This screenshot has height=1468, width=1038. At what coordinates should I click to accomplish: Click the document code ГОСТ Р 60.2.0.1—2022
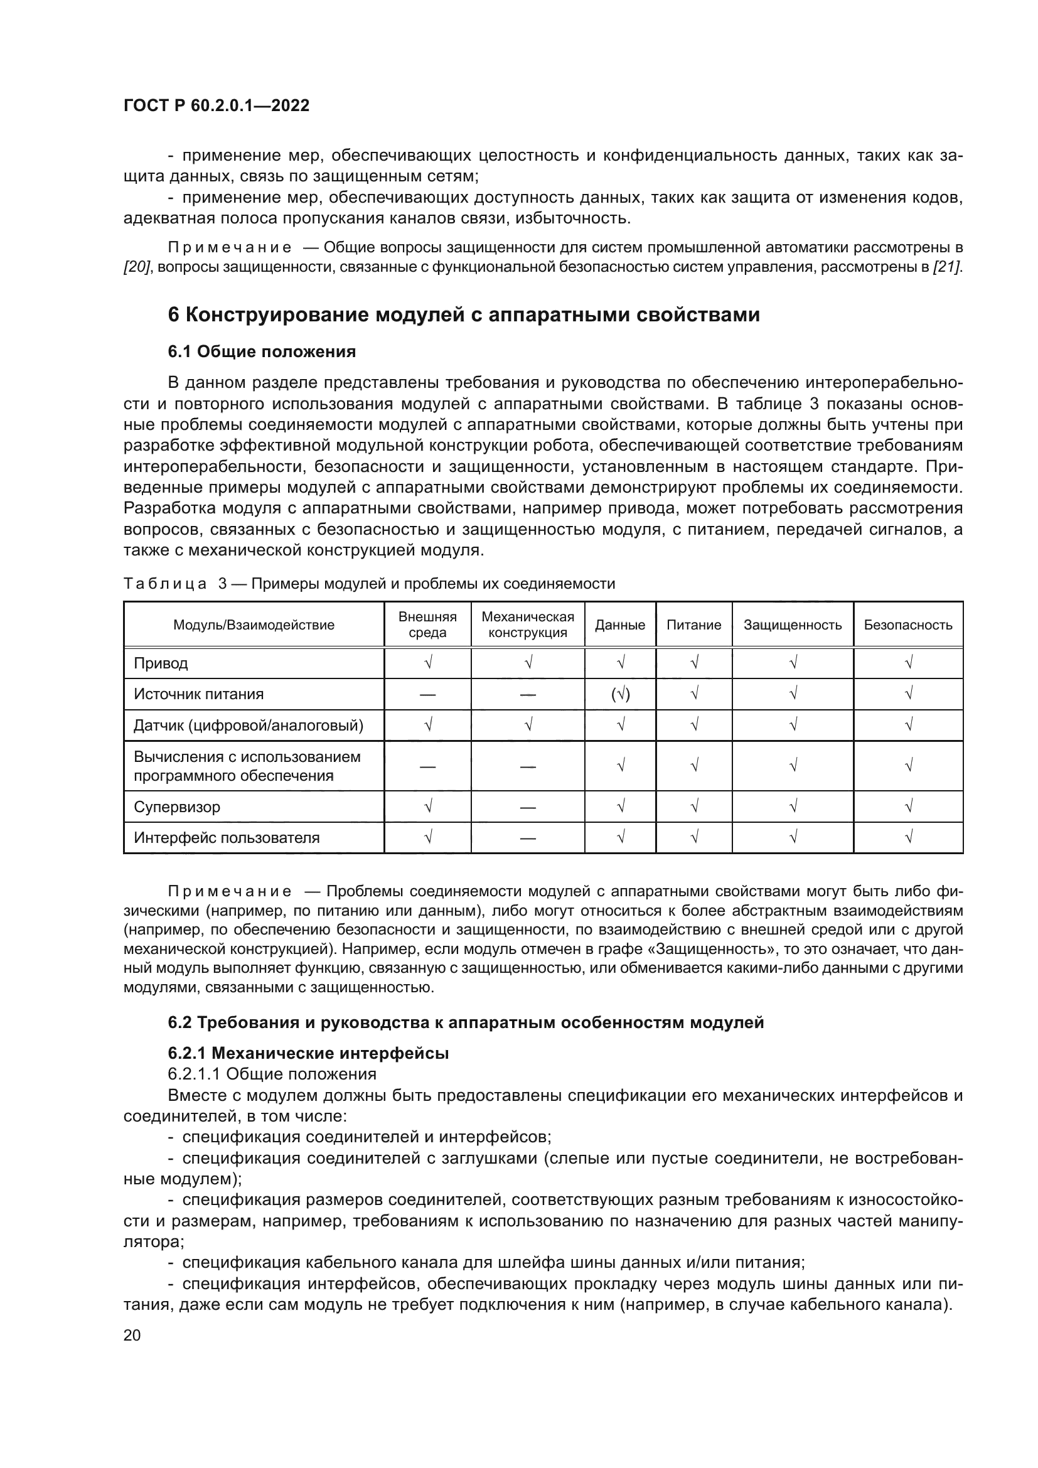pos(216,105)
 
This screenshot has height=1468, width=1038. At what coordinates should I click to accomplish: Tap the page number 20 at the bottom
pos(132,1335)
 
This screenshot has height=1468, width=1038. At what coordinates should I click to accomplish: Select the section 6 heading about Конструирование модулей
pos(463,314)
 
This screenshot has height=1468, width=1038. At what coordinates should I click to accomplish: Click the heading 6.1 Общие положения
pos(262,351)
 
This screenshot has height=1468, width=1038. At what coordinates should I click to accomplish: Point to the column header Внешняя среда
pos(427,624)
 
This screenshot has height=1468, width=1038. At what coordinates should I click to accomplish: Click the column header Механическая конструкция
pos(527,624)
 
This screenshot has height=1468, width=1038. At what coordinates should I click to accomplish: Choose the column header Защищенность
pos(792,625)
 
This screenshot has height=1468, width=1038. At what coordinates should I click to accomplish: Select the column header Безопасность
pos(907,625)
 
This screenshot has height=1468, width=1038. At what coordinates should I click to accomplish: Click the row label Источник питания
pos(198,694)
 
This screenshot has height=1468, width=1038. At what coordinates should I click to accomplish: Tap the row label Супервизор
pos(176,807)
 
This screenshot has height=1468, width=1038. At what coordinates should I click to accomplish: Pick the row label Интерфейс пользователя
pos(227,838)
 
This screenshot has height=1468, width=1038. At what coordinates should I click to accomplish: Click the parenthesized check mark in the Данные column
pos(620,694)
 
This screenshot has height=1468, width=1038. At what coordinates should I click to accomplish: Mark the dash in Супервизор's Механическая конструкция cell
pos(527,808)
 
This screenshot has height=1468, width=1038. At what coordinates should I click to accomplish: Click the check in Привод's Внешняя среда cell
pos(427,663)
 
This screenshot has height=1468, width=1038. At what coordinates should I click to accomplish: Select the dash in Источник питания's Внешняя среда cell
pos(427,695)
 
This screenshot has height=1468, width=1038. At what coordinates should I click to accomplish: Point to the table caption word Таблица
pos(165,584)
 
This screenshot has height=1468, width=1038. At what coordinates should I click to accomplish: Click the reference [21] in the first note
pos(946,267)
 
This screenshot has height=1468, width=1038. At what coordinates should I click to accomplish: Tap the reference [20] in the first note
pos(136,267)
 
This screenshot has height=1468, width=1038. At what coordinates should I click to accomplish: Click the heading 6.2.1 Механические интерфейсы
pos(308,1053)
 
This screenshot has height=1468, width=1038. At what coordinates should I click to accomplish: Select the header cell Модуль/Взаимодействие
pos(254,625)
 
